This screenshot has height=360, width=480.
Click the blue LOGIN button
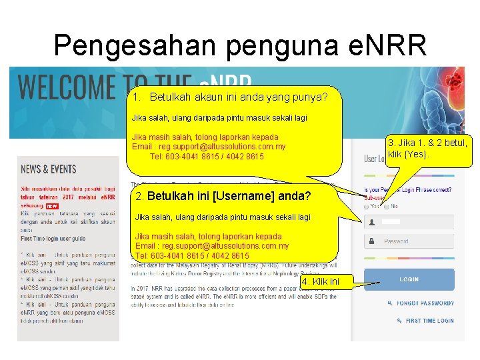(x=409, y=279)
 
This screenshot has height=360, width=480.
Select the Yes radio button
(x=367, y=207)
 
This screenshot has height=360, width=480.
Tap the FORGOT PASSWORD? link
(x=425, y=303)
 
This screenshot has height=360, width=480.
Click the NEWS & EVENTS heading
(x=49, y=169)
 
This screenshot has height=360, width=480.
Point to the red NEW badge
(x=51, y=207)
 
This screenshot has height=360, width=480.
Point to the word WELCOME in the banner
(x=67, y=87)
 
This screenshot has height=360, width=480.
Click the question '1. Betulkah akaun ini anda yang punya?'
(x=230, y=97)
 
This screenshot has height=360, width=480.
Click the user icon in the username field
(x=371, y=222)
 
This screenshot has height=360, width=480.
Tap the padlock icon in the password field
(x=371, y=241)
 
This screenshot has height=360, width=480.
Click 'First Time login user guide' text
(x=53, y=238)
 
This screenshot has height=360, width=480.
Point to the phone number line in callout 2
(x=192, y=255)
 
